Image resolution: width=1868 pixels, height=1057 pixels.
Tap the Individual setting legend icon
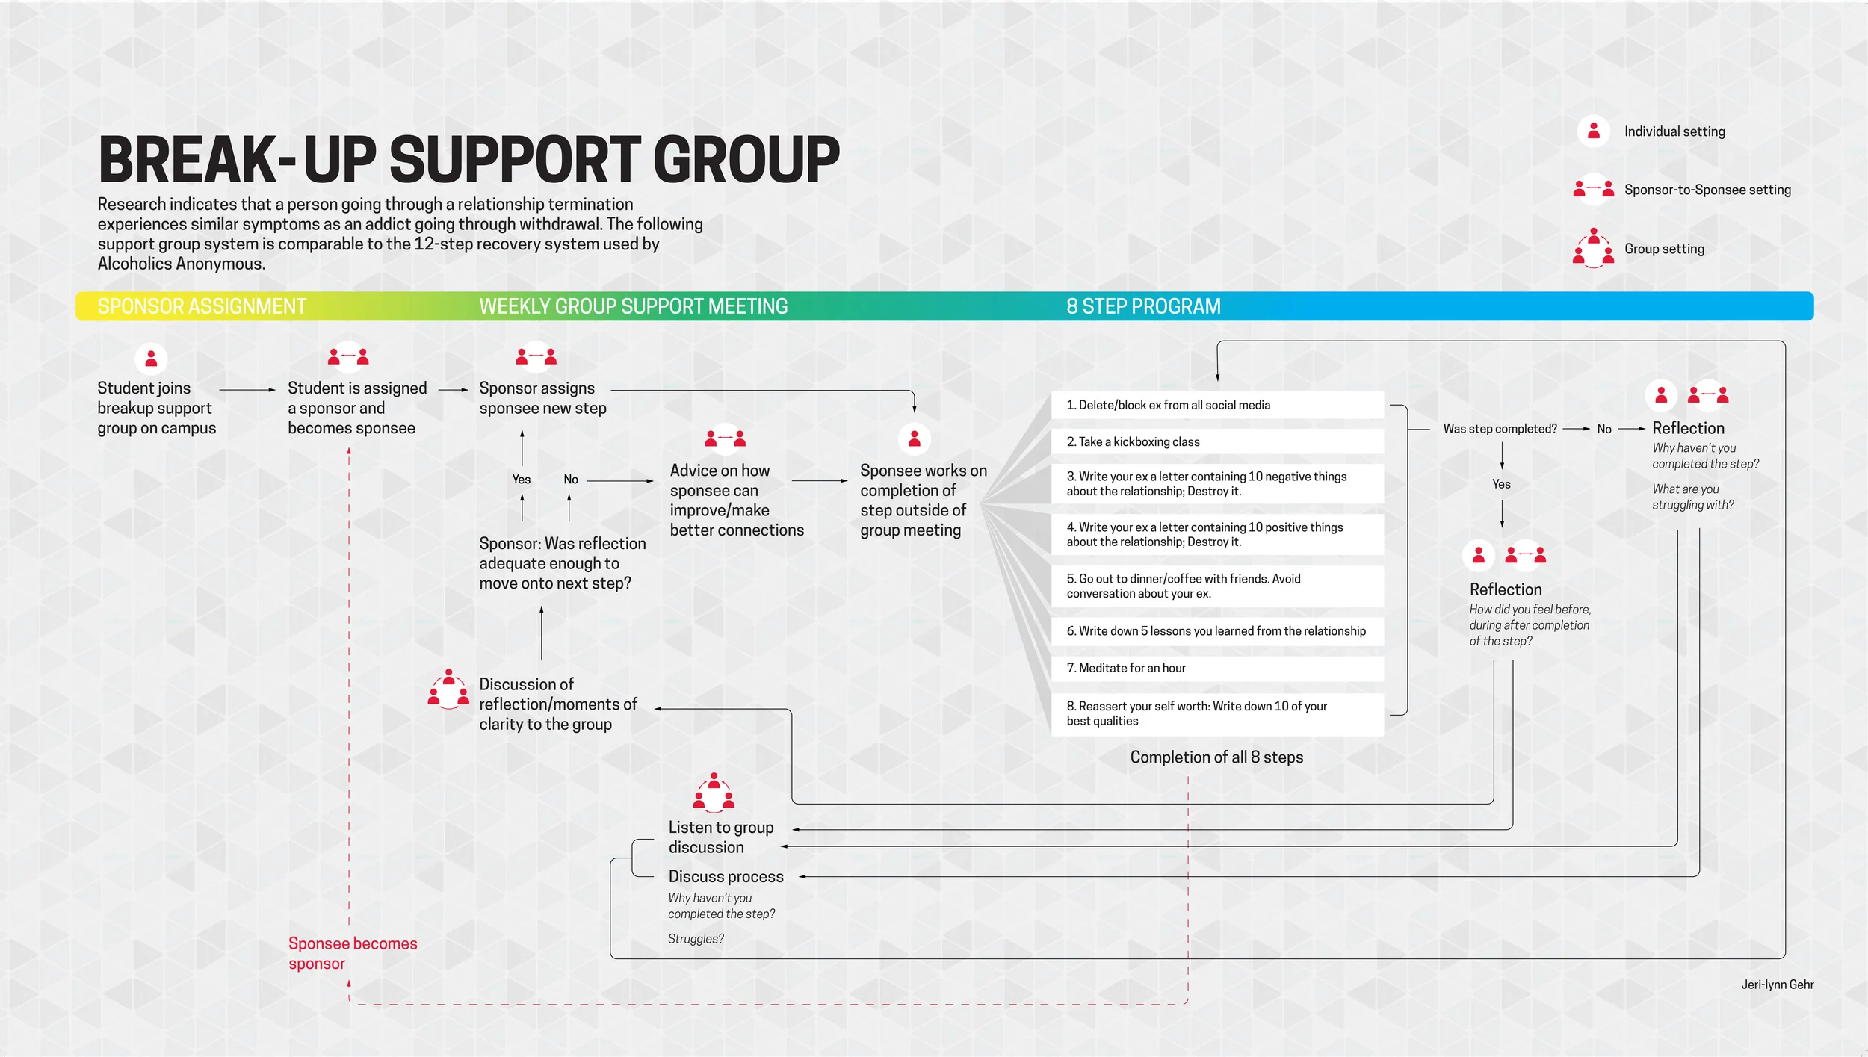[x=1593, y=131]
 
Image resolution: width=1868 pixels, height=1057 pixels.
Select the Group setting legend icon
[x=1593, y=248]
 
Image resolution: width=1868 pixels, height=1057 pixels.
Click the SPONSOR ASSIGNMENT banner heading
[x=202, y=306]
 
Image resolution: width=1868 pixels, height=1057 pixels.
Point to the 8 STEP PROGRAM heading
[x=1143, y=306]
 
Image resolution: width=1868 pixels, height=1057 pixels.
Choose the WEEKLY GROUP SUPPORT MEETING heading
[x=633, y=306]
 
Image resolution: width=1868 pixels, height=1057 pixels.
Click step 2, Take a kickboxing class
[x=1133, y=441]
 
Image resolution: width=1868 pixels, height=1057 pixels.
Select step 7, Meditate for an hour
[x=1125, y=668]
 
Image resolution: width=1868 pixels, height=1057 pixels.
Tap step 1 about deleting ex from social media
[x=1168, y=405]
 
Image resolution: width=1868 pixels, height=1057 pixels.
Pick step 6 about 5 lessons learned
[x=1216, y=631]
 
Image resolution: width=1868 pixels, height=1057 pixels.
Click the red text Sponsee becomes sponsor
[x=352, y=953]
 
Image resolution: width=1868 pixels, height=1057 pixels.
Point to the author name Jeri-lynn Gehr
[x=1777, y=985]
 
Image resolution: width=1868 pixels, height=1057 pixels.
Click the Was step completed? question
[x=1500, y=429]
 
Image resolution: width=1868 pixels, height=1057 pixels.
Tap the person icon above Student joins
[x=151, y=359]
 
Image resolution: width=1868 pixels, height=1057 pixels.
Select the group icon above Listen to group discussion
[x=714, y=793]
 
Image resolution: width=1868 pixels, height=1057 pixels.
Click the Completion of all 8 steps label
[x=1216, y=757]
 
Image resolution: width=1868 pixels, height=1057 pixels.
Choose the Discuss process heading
[x=726, y=876]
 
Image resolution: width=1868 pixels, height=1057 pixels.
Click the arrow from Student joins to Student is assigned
[x=247, y=390]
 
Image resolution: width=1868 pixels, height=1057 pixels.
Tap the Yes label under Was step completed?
[x=1501, y=484]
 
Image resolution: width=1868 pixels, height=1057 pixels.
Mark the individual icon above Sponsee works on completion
[x=914, y=438]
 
